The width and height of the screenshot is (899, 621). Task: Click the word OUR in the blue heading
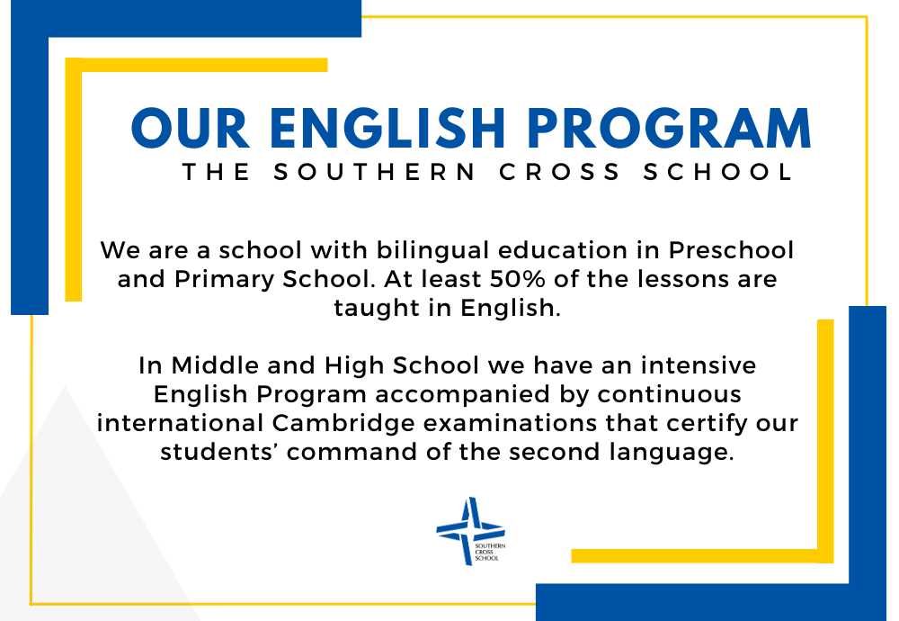point(191,128)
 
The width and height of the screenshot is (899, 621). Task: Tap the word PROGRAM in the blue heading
point(669,128)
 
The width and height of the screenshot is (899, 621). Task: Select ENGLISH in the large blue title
point(387,128)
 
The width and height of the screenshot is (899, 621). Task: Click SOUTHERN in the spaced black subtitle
point(374,172)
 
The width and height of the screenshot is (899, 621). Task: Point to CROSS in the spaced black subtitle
point(559,172)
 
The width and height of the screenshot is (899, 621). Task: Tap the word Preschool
point(731,250)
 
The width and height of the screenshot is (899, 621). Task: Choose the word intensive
point(699,365)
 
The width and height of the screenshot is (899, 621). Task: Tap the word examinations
point(511,423)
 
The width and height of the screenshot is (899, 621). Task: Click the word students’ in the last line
point(219,452)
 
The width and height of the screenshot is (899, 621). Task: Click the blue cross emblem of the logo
point(470,530)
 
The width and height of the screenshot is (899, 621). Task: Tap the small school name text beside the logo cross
point(490,552)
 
